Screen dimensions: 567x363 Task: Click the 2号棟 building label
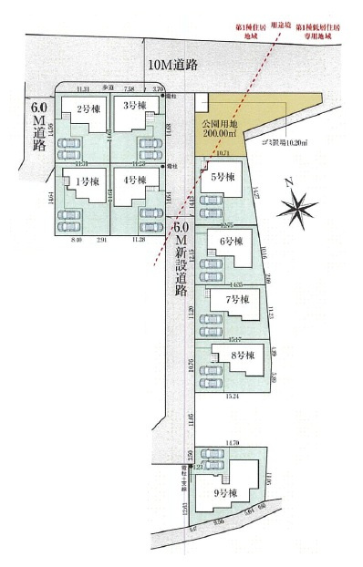(88, 109)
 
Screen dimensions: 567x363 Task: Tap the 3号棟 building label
(137, 108)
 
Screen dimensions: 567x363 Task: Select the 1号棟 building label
(88, 180)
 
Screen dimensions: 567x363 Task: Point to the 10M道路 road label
(173, 65)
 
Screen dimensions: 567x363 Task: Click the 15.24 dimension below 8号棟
(232, 397)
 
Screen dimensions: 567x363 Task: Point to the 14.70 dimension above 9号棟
(232, 442)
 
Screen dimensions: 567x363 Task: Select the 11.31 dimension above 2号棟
(83, 89)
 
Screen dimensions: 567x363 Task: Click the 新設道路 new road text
(180, 264)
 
